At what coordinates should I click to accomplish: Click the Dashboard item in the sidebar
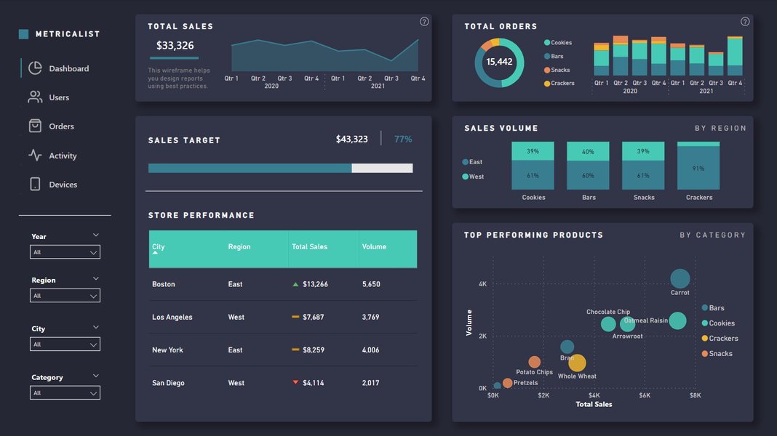point(68,68)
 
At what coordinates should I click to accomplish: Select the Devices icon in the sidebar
point(35,185)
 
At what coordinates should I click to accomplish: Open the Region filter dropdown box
point(65,296)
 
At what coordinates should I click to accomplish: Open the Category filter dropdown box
point(65,393)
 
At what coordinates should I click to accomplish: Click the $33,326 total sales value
point(175,46)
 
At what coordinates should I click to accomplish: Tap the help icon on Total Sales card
point(424,22)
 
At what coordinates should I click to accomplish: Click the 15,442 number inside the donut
point(499,62)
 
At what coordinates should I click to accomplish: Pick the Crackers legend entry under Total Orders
point(562,84)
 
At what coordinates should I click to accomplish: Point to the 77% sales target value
point(403,139)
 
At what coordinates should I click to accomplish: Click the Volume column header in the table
point(374,247)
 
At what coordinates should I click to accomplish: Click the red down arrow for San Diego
point(295,382)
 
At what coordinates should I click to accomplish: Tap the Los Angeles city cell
point(172,318)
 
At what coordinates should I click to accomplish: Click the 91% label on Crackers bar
point(698,169)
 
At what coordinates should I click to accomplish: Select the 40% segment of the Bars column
point(588,152)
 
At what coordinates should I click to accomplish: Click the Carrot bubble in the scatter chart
point(680,278)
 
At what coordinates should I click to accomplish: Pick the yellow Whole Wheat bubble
point(577,363)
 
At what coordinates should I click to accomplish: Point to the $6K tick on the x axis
point(645,396)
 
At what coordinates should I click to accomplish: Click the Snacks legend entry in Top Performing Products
point(720,354)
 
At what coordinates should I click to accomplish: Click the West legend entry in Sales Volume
point(476,177)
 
